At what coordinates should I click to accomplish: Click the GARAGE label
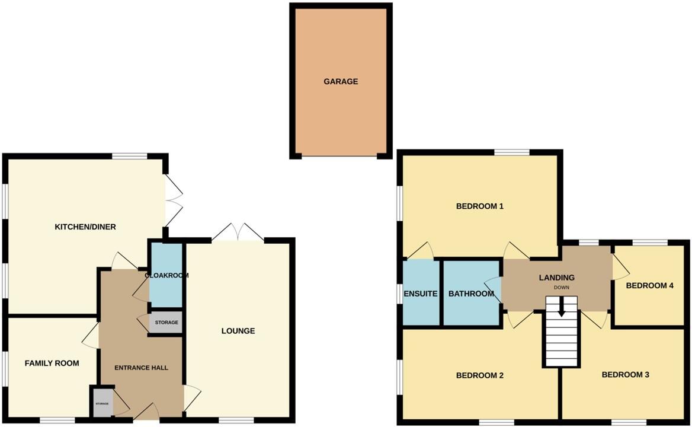point(341,82)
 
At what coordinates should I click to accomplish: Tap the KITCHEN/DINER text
point(85,227)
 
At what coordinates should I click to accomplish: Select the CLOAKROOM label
point(166,275)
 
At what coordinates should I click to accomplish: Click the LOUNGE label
point(238,331)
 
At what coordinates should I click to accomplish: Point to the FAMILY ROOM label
point(52,363)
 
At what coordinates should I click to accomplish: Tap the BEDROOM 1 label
point(479,206)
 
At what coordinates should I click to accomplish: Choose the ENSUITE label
point(420,294)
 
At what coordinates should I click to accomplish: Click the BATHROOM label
point(471,294)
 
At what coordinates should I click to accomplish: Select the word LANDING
point(556,278)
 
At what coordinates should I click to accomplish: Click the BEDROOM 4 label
point(650,285)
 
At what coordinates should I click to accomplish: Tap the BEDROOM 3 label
point(626,375)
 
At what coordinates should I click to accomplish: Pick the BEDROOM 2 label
point(479,375)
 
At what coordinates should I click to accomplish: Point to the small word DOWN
point(561,288)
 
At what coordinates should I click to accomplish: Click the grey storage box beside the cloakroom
point(166,323)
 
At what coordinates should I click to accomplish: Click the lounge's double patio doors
point(238,232)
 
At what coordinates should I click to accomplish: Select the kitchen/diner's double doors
point(174,201)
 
